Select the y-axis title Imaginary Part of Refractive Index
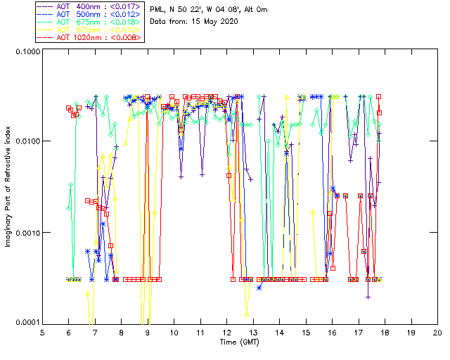point(8,186)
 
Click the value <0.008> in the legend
point(129,37)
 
